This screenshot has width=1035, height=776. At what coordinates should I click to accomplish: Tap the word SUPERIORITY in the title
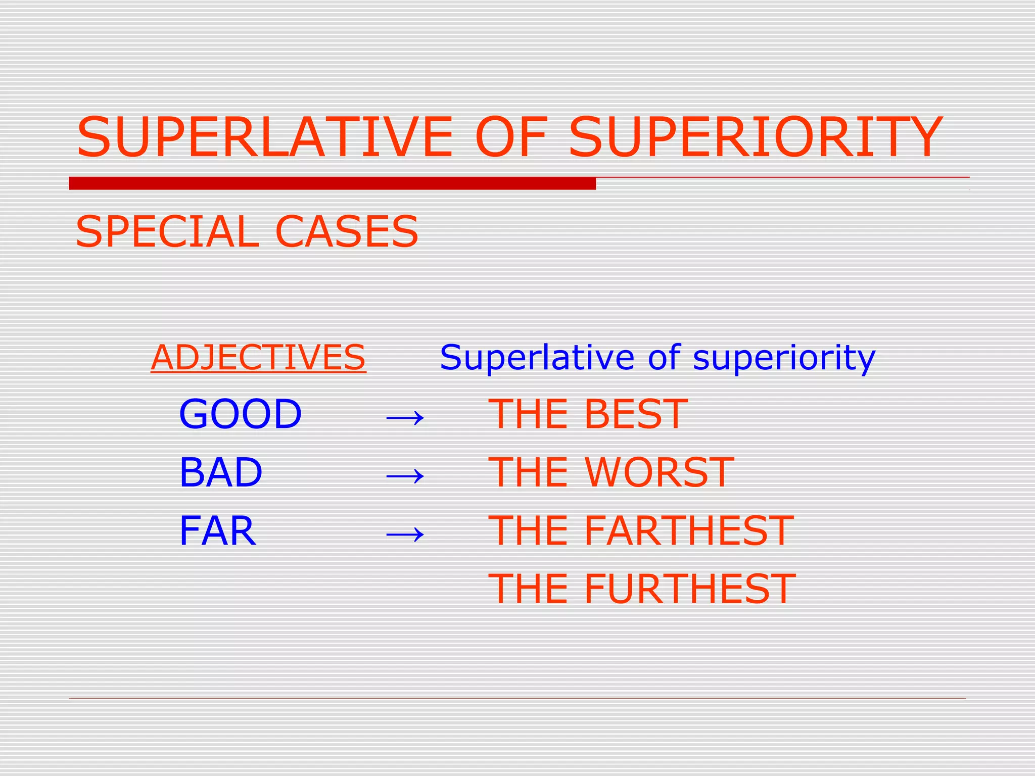point(755,137)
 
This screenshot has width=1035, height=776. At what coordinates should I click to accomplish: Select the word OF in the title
point(511,137)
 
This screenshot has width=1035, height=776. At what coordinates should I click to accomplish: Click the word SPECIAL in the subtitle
point(167,232)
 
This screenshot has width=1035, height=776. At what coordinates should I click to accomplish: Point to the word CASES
point(347,232)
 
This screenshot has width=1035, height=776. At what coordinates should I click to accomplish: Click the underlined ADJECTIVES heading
point(258,357)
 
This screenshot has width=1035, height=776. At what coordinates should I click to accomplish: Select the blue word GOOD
point(241,414)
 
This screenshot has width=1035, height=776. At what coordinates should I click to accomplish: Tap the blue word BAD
point(221,472)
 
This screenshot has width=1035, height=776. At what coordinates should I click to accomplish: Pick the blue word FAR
point(218,531)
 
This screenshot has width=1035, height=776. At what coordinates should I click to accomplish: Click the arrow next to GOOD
point(405,417)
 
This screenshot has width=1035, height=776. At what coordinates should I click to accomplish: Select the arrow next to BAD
point(405,475)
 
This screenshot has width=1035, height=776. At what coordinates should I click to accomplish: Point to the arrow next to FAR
point(405,533)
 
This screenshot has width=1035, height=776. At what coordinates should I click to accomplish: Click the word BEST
point(636,414)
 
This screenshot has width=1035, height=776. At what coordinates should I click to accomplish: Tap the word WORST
point(659,472)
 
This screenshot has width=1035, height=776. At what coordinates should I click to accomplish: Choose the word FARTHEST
point(689,531)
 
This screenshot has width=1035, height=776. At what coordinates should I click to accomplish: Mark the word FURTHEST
point(690,589)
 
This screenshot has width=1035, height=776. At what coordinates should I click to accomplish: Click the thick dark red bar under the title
point(332,183)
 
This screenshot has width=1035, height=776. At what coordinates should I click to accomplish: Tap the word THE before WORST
point(529,472)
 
